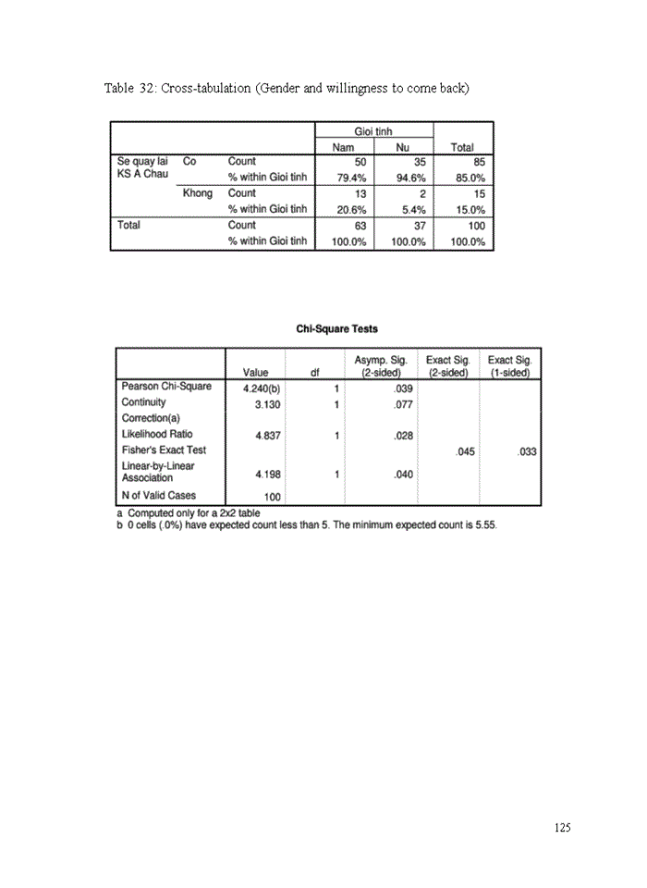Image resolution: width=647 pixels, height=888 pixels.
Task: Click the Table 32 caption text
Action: coord(287,89)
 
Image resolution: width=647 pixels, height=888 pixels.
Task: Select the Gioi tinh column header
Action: coord(373,131)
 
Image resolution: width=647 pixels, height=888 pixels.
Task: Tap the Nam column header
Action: coord(343,147)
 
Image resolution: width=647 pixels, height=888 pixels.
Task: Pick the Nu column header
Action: coord(402,147)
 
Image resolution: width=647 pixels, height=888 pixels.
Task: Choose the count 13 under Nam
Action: coord(360,193)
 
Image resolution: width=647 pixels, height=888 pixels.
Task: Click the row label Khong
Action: coord(198,193)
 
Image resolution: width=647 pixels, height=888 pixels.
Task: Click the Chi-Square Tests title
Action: coord(336,328)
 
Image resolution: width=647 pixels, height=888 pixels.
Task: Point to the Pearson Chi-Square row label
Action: coord(166,387)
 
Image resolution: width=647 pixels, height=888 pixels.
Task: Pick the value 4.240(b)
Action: coord(262,388)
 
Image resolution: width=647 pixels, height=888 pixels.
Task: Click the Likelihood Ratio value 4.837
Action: coord(268,435)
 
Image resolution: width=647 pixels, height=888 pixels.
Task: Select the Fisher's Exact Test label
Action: coord(164,450)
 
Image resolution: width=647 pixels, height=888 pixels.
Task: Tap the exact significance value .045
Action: coord(465,451)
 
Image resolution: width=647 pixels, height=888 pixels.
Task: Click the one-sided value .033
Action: coord(526,451)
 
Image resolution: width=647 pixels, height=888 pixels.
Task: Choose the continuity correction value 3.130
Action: coord(268,404)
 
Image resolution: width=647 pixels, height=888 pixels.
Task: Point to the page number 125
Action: coord(562,828)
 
